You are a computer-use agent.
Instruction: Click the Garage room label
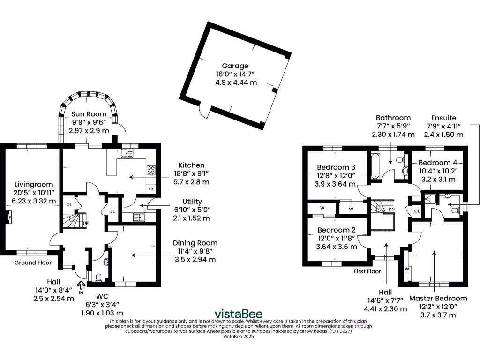pyautogui.click(x=235, y=66)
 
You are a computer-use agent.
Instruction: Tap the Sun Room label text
pyautogui.click(x=89, y=114)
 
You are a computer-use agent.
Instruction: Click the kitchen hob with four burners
pyautogui.click(x=151, y=170)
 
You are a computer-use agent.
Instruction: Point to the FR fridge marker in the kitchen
pyautogui.click(x=151, y=189)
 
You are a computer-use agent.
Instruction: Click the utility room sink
pyautogui.click(x=139, y=217)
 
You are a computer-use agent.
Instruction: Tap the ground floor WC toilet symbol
pyautogui.click(x=98, y=277)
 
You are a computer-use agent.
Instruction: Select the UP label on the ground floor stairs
pyautogui.click(x=85, y=224)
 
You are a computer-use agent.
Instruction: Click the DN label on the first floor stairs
pyautogui.click(x=391, y=209)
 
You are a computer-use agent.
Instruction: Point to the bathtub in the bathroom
pyautogui.click(x=375, y=166)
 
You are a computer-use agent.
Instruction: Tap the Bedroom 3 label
pyautogui.click(x=336, y=167)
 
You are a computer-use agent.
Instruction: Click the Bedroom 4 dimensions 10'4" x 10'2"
pyautogui.click(x=437, y=171)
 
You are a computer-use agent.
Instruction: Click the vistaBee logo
pyautogui.click(x=239, y=314)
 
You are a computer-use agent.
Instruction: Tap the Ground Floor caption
pyautogui.click(x=33, y=262)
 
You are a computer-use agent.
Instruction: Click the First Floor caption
pyautogui.click(x=367, y=271)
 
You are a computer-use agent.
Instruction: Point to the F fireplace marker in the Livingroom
pyautogui.click(x=8, y=218)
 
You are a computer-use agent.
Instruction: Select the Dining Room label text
pyautogui.click(x=195, y=243)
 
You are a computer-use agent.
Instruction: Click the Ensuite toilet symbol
pyautogui.click(x=454, y=210)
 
